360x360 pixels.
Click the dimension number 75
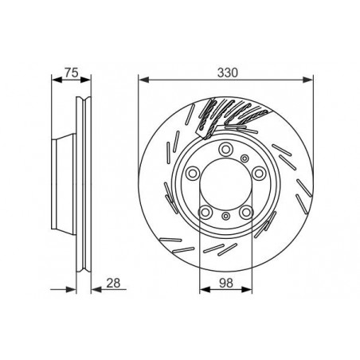70,72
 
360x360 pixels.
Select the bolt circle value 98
225,282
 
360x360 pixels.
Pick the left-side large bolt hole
192,175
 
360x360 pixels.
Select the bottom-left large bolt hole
204,211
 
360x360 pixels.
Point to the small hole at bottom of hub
226,216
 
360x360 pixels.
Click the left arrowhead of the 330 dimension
142,78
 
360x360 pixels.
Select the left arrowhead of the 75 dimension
53,78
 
